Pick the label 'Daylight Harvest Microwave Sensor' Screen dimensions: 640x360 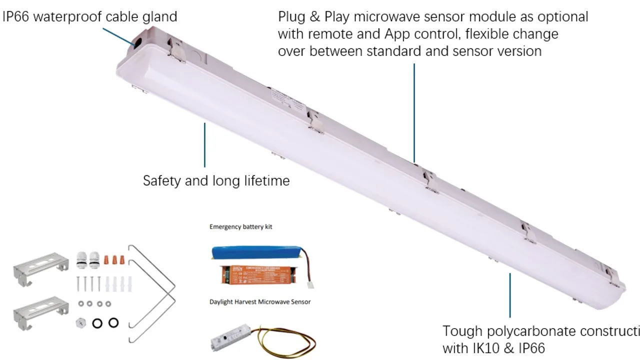tap(260, 301)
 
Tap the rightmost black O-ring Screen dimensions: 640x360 tap(113, 322)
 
